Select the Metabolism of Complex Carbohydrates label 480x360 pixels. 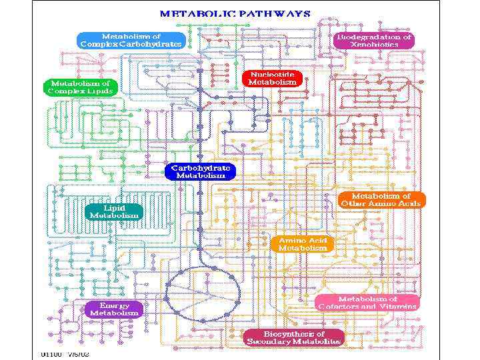tap(131, 40)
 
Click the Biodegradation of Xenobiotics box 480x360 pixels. tap(374, 40)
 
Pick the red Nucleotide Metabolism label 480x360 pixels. tap(272, 78)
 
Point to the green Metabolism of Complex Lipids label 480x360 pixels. tap(80, 87)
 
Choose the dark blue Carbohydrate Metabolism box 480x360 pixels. tap(201, 171)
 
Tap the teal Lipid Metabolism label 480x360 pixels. tap(115, 211)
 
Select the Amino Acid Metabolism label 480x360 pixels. tap(303, 243)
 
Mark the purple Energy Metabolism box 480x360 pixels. tap(114, 309)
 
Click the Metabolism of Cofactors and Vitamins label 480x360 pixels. tap(368, 303)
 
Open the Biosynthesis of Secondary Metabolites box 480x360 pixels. tap(294, 337)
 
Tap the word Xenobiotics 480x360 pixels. tap(374, 45)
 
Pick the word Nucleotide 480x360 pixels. tap(272, 74)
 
